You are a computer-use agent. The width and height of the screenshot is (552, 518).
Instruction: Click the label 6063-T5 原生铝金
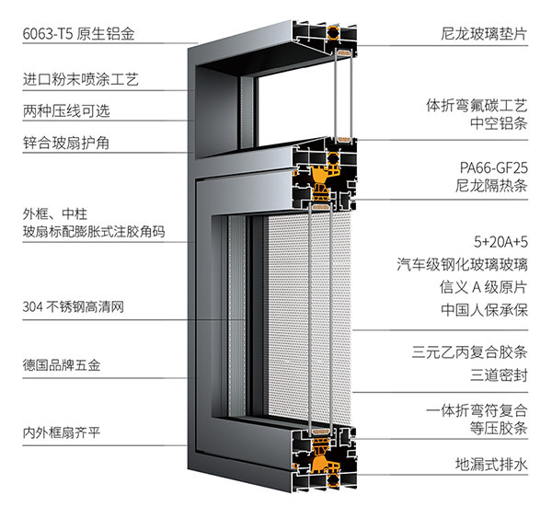pyautogui.click(x=78, y=34)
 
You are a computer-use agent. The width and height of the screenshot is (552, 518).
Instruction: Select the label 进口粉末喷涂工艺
pyautogui.click(x=81, y=79)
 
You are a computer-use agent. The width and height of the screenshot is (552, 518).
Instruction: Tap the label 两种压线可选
pyautogui.click(x=66, y=111)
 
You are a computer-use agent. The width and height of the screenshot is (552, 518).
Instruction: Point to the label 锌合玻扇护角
pyautogui.click(x=66, y=143)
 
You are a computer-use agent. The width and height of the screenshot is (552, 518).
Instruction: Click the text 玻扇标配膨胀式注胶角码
pyautogui.click(x=94, y=232)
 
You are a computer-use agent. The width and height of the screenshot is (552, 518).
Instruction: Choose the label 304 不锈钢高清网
pyautogui.click(x=74, y=306)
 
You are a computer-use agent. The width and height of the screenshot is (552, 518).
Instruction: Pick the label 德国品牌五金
pyautogui.click(x=62, y=365)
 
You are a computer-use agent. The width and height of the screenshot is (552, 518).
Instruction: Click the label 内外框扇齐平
pyautogui.click(x=62, y=432)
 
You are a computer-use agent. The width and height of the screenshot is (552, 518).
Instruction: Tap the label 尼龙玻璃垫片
pyautogui.click(x=484, y=34)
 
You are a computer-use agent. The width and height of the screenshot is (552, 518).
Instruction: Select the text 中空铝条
pyautogui.click(x=499, y=123)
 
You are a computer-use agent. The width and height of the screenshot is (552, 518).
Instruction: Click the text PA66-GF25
pyautogui.click(x=493, y=168)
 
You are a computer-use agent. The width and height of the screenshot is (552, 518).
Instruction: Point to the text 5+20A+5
pyautogui.click(x=500, y=242)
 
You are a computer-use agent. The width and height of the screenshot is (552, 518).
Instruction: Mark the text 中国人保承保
pyautogui.click(x=484, y=310)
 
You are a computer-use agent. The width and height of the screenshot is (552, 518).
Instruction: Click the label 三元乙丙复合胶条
pyautogui.click(x=469, y=352)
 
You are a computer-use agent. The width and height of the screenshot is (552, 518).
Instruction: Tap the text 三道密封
pyautogui.click(x=499, y=375)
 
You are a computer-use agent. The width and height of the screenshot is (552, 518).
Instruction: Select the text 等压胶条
pyautogui.click(x=499, y=429)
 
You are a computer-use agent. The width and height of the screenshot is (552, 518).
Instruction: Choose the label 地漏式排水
pyautogui.click(x=491, y=465)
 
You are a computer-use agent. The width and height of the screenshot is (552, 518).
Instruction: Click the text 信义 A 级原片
pyautogui.click(x=483, y=287)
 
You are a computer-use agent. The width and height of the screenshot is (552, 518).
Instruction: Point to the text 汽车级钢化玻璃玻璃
pyautogui.click(x=462, y=264)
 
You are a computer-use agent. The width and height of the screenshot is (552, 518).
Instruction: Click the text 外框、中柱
pyautogui.click(x=54, y=214)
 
